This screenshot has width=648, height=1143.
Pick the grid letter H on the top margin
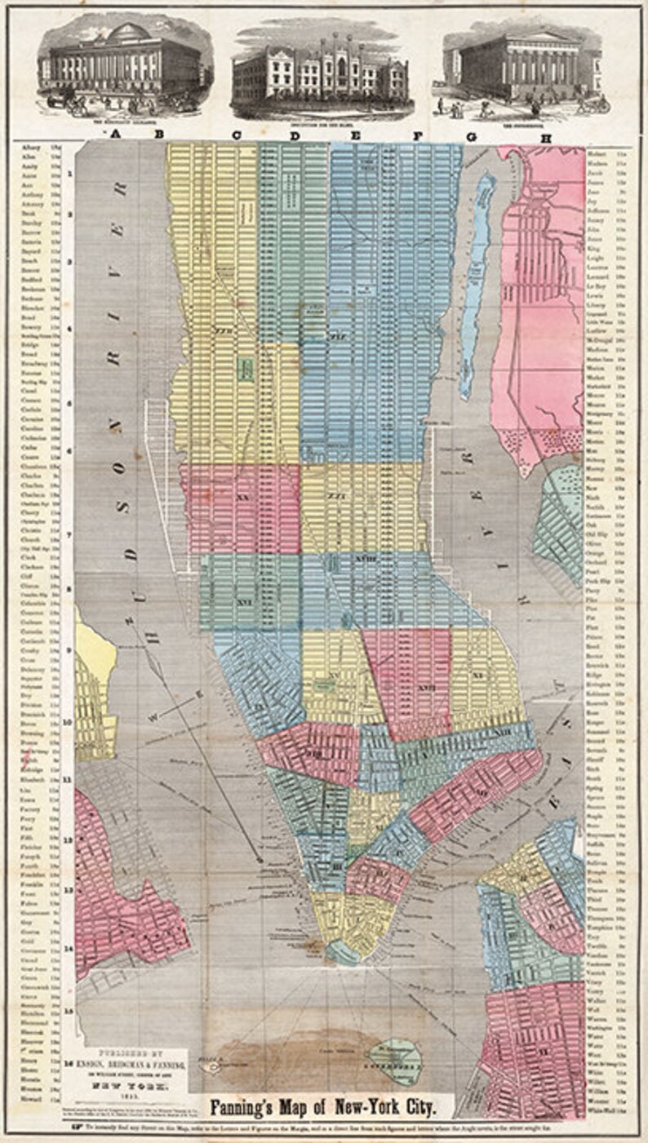(546, 137)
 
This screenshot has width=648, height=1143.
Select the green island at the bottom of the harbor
(393, 1056)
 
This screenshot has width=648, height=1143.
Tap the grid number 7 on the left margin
(71, 534)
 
